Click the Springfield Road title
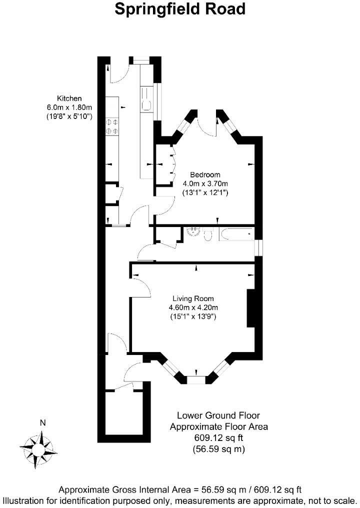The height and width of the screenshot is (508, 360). pyautogui.click(x=180, y=9)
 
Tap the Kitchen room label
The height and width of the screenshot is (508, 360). pyautogui.click(x=69, y=98)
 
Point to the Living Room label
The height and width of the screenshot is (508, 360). pyautogui.click(x=193, y=298)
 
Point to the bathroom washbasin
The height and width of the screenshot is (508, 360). pyautogui.click(x=194, y=232)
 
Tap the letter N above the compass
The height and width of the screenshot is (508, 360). pyautogui.click(x=42, y=423)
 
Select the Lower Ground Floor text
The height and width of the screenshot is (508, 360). pyautogui.click(x=218, y=415)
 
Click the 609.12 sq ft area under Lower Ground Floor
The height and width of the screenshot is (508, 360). pyautogui.click(x=218, y=437)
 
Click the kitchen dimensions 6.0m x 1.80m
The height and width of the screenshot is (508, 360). pyautogui.click(x=69, y=107)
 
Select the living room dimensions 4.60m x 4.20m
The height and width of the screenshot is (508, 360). pyautogui.click(x=193, y=307)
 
